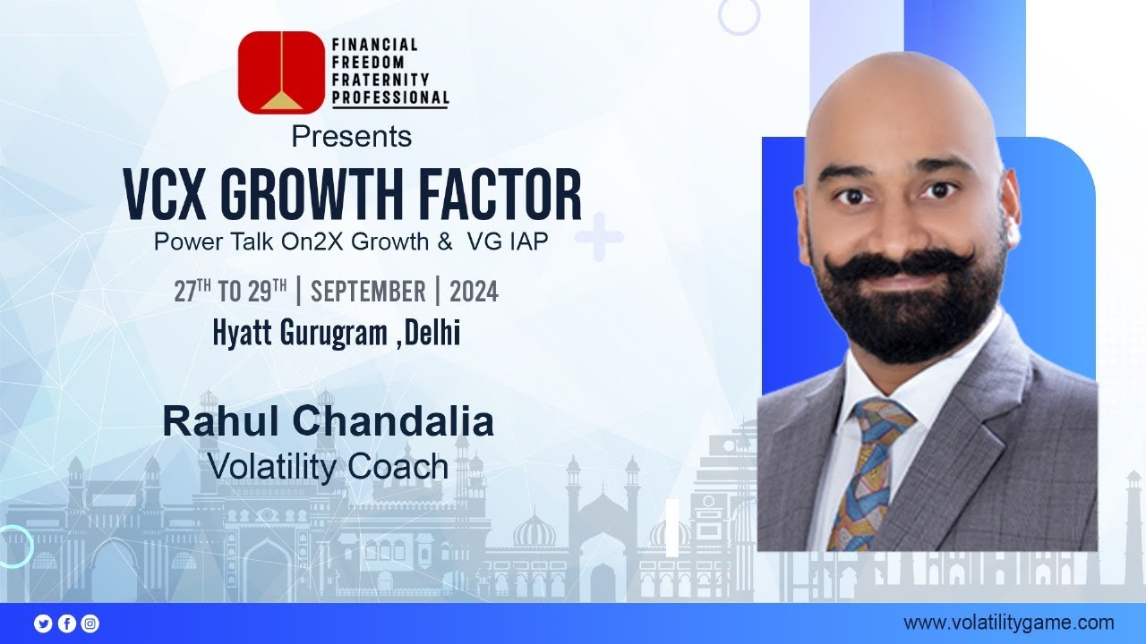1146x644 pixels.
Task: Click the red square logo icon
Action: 280,72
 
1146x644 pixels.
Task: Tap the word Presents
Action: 352,136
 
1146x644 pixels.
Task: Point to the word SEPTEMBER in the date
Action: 368,292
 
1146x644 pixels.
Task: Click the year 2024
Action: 474,292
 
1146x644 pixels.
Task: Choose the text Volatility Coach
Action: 328,466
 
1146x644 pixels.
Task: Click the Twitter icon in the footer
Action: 43,624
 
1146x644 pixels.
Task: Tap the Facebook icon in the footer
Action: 66,624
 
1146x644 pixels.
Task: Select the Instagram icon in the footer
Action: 90,624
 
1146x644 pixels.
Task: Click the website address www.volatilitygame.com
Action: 1008,623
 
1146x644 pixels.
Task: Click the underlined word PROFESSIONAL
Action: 389,97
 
